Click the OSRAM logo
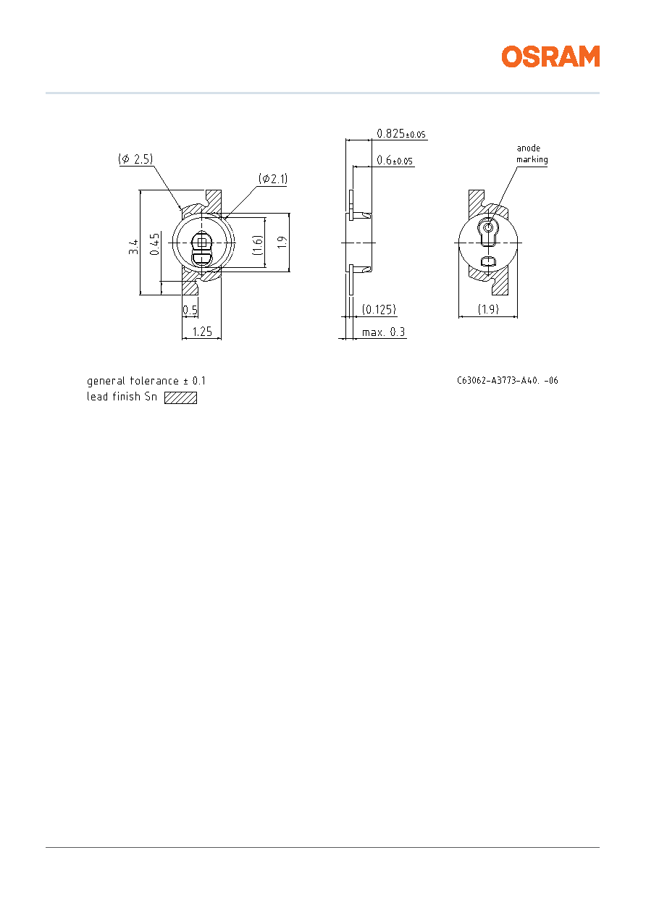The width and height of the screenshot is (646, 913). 550,56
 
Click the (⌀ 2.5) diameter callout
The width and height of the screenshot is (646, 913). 135,159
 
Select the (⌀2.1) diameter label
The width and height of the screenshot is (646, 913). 273,179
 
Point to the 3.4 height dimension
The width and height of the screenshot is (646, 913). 133,247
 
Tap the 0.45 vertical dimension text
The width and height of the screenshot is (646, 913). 154,244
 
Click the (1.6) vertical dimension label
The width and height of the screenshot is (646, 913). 258,245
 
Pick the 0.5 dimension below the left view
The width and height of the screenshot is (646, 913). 190,310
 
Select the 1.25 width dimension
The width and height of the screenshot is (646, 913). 202,332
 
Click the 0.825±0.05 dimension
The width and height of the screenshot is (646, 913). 401,134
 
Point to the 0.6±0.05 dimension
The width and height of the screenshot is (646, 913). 395,160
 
